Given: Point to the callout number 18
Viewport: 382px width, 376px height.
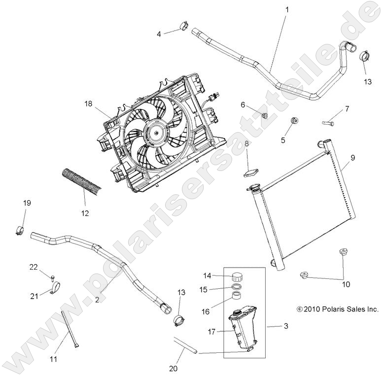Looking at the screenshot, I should point(88,104).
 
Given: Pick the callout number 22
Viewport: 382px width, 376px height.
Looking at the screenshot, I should point(34,267).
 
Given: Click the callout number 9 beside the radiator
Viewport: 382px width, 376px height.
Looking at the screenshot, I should point(352,158).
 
